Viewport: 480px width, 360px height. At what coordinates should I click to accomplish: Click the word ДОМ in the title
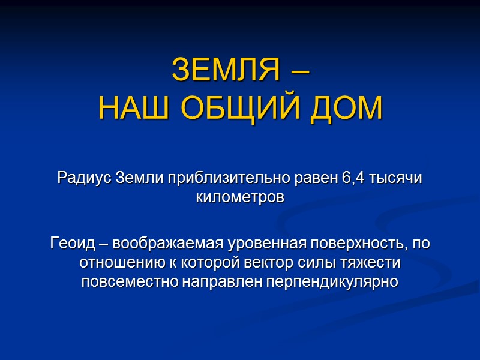pos(347,109)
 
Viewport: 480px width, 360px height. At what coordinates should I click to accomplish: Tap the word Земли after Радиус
pos(139,178)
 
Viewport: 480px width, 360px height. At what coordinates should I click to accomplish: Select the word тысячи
pos(397,178)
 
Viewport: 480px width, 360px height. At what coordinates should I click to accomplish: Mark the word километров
pos(240,197)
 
